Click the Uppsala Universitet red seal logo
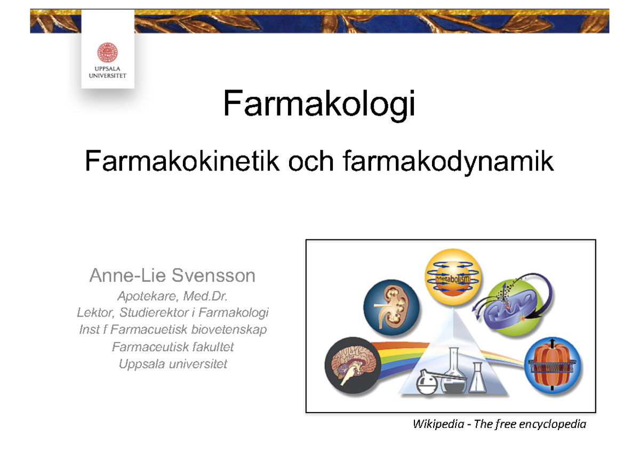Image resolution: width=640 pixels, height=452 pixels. point(107,53)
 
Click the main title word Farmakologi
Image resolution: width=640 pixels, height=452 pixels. point(319,103)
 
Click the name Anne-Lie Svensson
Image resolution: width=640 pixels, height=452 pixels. point(172,276)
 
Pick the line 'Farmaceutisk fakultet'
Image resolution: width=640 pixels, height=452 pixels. point(173,347)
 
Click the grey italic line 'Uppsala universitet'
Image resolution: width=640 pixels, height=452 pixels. point(173,365)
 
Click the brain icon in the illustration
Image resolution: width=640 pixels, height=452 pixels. point(351,365)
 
